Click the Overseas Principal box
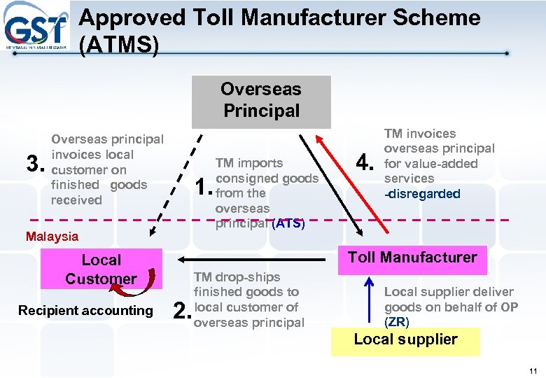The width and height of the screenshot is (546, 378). point(261,101)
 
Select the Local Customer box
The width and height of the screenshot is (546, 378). point(101,269)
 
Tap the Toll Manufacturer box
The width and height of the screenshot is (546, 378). point(412,258)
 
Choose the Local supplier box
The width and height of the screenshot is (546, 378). point(405,340)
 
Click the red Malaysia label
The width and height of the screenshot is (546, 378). point(52,237)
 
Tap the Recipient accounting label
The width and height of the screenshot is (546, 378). point(85,310)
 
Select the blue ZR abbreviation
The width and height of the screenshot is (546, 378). point(397,322)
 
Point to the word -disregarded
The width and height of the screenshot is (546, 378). point(422,194)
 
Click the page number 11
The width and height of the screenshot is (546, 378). point(533,370)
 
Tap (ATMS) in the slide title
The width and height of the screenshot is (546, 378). point(119,45)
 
